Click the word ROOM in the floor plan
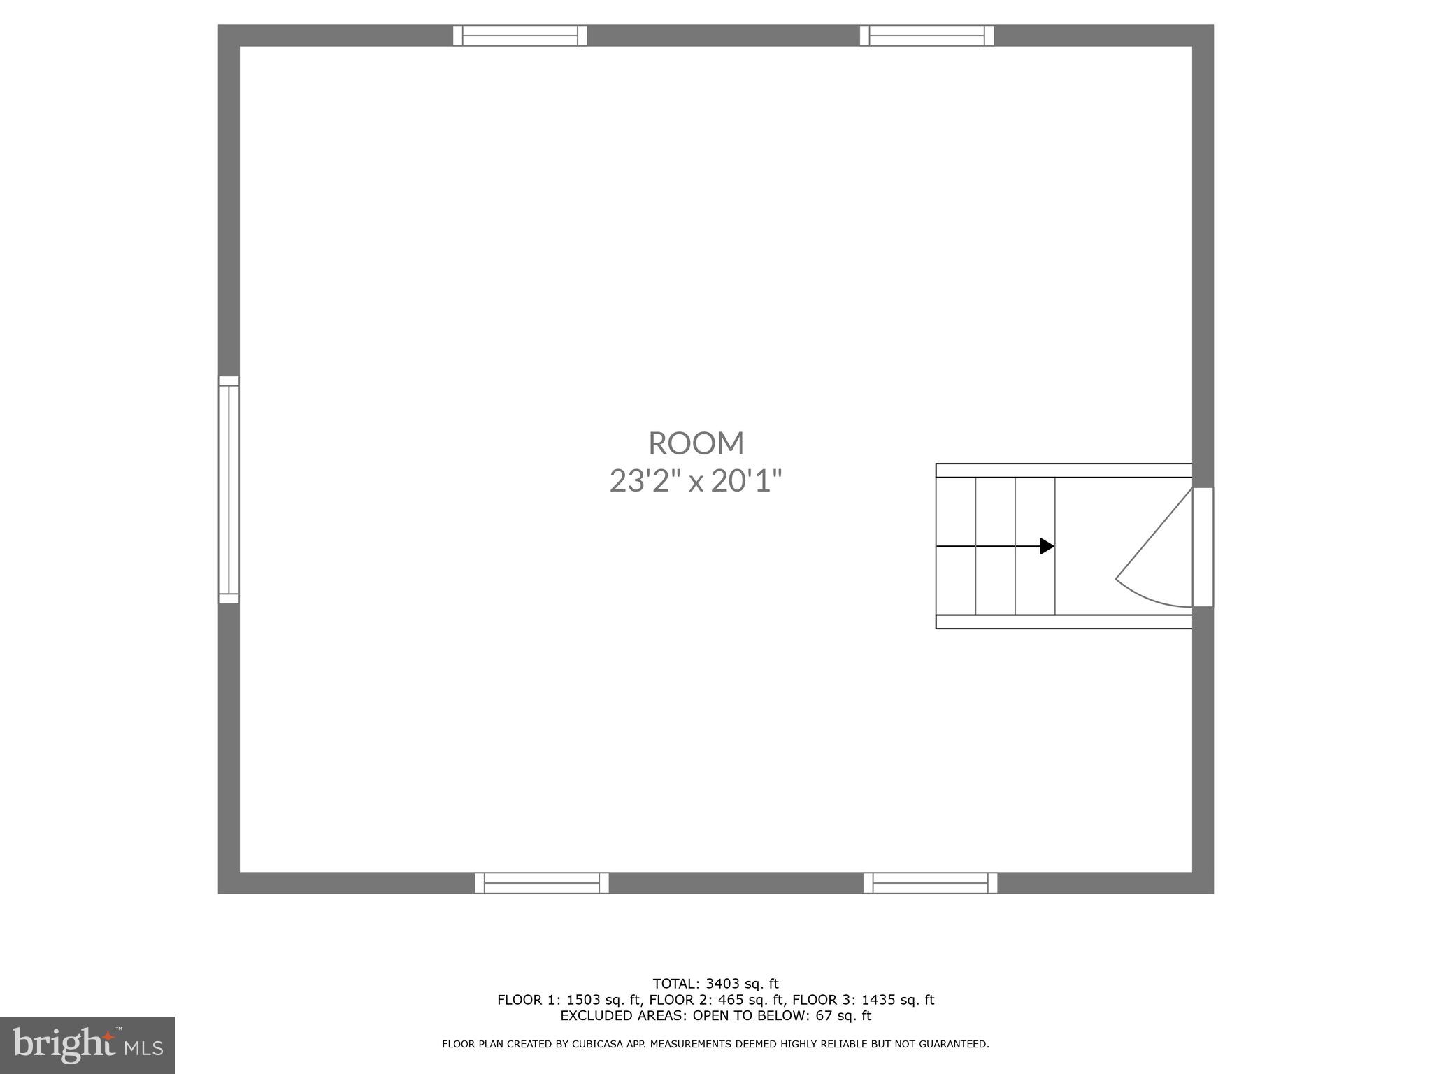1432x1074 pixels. (x=696, y=443)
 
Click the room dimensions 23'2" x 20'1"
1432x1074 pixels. (x=696, y=481)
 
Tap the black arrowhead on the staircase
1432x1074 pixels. (x=1047, y=546)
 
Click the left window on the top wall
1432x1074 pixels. (x=520, y=36)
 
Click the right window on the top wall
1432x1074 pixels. (x=926, y=36)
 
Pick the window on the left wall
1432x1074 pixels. (x=229, y=489)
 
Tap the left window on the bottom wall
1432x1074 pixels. (x=542, y=883)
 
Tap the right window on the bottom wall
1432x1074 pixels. (x=930, y=883)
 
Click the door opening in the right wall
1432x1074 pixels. (x=1203, y=547)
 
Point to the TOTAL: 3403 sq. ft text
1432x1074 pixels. (x=715, y=984)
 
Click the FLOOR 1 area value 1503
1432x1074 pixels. (x=583, y=1000)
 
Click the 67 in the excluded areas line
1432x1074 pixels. (x=824, y=1016)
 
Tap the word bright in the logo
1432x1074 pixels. (x=63, y=1045)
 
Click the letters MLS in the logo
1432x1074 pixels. (x=144, y=1048)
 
